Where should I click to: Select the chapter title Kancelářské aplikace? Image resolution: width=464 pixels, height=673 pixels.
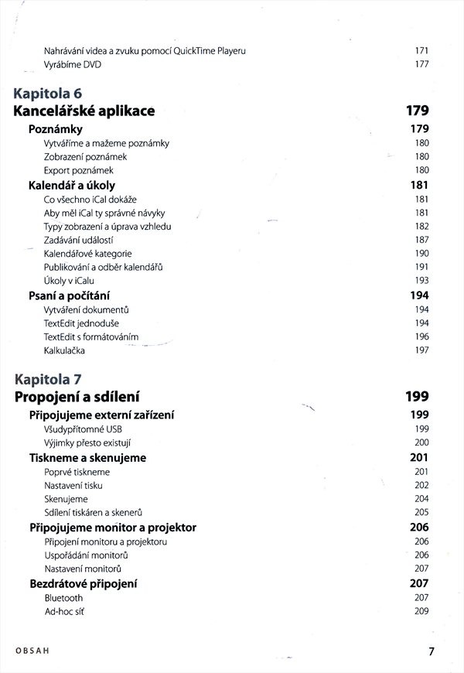pyautogui.click(x=84, y=111)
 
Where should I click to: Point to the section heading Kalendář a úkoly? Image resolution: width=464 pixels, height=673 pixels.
pyautogui.click(x=72, y=186)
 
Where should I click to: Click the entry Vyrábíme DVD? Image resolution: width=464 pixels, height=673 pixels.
pyautogui.click(x=73, y=64)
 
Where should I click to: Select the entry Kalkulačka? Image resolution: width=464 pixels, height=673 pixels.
pyautogui.click(x=65, y=350)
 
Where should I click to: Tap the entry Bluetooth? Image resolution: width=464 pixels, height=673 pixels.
pyautogui.click(x=63, y=598)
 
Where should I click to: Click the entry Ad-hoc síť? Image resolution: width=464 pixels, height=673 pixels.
pyautogui.click(x=63, y=612)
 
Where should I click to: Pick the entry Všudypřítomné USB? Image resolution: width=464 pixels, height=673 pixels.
pyautogui.click(x=83, y=429)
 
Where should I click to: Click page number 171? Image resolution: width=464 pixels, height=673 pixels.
pyautogui.click(x=421, y=51)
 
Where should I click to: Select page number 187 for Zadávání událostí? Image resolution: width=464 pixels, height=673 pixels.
pyautogui.click(x=421, y=240)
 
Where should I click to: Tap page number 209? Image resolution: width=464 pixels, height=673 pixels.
pyautogui.click(x=421, y=612)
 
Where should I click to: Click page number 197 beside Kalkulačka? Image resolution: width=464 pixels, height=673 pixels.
pyautogui.click(x=421, y=350)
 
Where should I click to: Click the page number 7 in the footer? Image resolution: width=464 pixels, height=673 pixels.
pyautogui.click(x=432, y=651)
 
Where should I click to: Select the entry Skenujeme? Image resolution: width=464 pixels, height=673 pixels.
pyautogui.click(x=66, y=499)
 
